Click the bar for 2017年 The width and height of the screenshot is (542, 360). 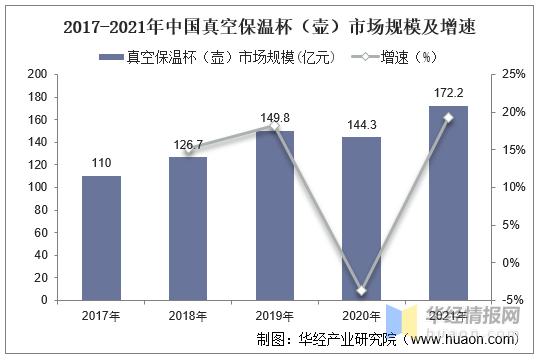101,237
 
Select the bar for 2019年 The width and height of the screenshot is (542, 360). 274,214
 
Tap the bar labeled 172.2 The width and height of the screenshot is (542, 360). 447,202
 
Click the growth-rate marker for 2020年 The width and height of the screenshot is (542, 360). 361,291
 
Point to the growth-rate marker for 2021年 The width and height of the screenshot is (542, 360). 447,118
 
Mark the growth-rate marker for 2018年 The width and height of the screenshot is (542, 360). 188,150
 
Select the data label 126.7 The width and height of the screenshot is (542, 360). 188,145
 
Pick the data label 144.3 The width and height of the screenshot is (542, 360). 361,125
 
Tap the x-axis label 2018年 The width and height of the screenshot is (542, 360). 188,317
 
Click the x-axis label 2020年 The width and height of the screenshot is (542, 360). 361,317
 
